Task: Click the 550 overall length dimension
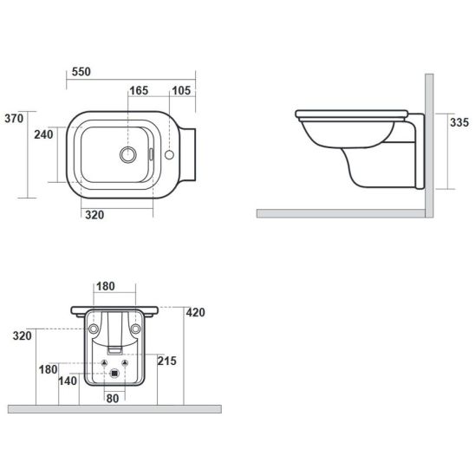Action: [81, 72]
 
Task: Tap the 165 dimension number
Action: [139, 90]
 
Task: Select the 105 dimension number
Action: [181, 90]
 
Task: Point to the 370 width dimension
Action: [14, 119]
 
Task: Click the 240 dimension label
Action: [43, 134]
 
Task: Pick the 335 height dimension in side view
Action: [459, 122]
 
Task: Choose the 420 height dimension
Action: [195, 312]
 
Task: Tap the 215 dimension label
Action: [167, 361]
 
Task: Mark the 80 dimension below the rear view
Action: [113, 399]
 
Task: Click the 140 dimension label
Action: [68, 381]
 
